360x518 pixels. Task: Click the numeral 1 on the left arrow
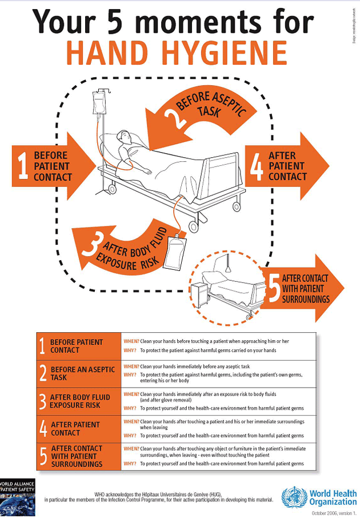coord(22,166)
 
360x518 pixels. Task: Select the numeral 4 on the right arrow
coord(257,166)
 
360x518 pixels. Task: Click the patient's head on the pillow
coord(122,138)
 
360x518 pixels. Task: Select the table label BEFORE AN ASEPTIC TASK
coord(82,373)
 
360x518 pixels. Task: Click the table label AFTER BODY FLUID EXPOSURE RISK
coord(79,401)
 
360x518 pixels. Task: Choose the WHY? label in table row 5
coord(130,464)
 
